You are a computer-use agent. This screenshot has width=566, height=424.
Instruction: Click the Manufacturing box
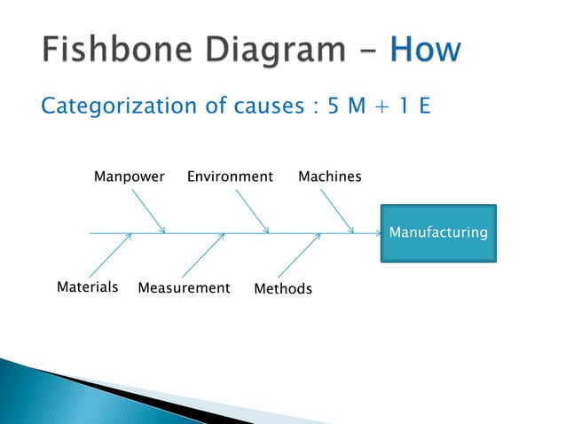[x=438, y=233]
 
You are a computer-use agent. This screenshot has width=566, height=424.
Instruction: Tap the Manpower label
[x=130, y=177]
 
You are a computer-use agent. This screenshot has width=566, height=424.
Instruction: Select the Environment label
[x=230, y=177]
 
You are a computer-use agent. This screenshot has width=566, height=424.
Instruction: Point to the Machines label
[x=329, y=177]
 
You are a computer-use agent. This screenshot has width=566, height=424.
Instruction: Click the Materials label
[x=88, y=287]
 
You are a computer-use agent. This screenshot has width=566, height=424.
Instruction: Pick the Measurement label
[x=184, y=288]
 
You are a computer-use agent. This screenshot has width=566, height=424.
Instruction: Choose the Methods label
[x=283, y=289]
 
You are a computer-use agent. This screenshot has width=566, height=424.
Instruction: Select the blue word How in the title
[x=425, y=49]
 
